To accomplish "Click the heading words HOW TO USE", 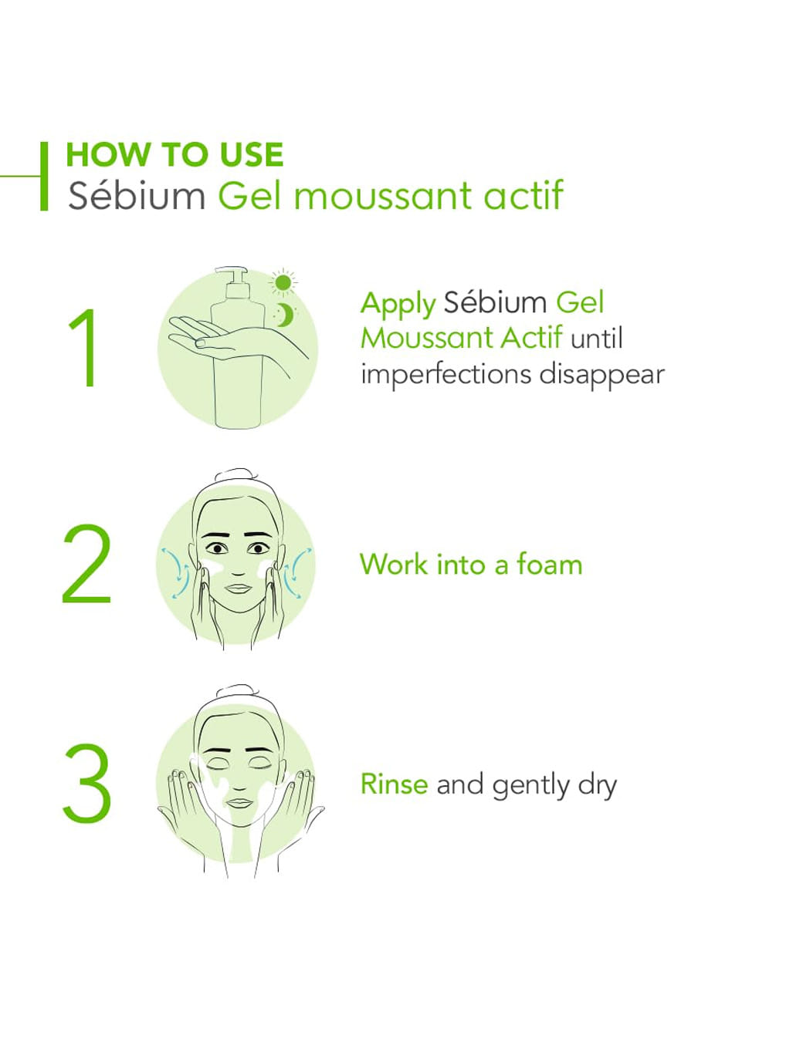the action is click(x=174, y=154).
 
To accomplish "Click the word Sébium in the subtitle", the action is click(x=137, y=195).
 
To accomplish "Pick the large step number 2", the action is click(x=86, y=564).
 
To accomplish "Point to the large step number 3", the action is click(x=87, y=784).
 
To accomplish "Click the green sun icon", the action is click(x=283, y=282).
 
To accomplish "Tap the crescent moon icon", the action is click(x=285, y=315).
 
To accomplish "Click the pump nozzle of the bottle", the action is click(x=231, y=272).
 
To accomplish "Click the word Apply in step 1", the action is click(x=398, y=305).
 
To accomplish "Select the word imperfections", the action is click(x=446, y=374).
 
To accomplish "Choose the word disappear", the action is click(x=601, y=374).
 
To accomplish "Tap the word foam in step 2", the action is click(x=550, y=563).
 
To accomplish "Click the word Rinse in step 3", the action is click(x=394, y=784).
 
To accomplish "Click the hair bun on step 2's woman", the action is click(x=235, y=474).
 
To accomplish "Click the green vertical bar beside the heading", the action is click(x=44, y=176).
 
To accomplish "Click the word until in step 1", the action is click(x=597, y=338).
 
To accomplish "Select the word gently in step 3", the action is click(x=530, y=787).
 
